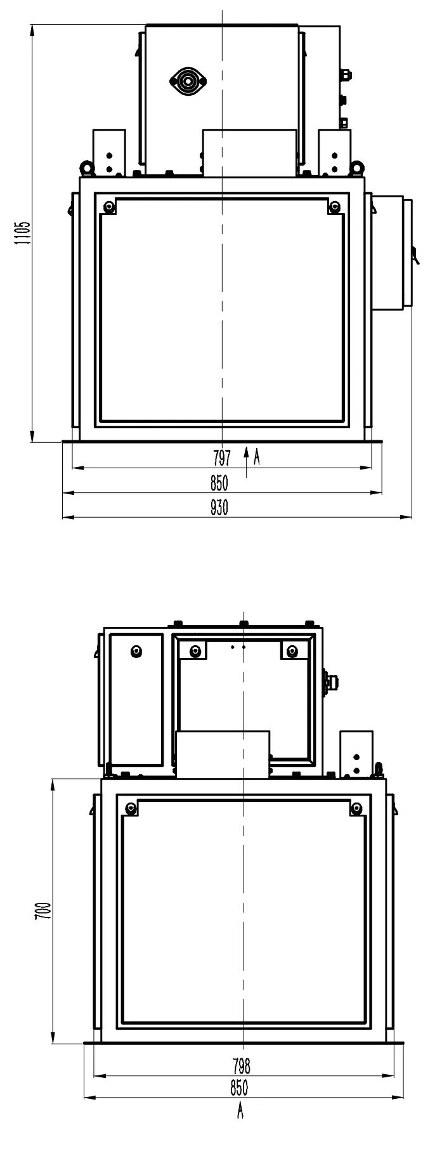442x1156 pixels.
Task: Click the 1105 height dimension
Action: point(23,233)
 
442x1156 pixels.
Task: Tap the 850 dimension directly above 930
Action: point(219,483)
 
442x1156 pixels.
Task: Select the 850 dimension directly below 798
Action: point(238,1088)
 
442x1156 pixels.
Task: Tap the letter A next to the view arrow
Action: point(257,457)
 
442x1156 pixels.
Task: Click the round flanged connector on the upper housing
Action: point(186,81)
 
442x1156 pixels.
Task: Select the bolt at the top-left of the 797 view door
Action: point(110,206)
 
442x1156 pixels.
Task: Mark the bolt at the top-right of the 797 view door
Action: point(335,206)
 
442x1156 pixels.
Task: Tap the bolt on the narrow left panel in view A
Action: point(136,652)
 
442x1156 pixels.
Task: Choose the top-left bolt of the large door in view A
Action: point(131,808)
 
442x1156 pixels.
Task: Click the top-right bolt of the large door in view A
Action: point(357,808)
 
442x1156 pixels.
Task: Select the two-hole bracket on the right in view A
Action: point(356,754)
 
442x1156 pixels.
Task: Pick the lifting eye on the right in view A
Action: point(379,768)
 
